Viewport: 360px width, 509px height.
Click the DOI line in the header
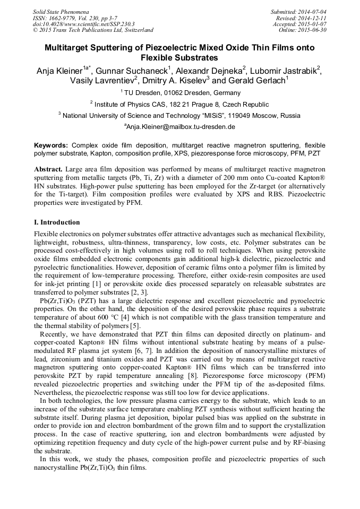point(83,24)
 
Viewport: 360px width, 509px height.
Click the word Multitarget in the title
point(68,48)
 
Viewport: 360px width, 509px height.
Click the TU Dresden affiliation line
point(180,93)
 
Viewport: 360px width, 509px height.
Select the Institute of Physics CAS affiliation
point(180,105)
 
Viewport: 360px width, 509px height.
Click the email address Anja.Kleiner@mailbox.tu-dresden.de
point(180,127)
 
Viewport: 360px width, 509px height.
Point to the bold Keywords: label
point(51,145)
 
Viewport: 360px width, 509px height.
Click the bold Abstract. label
point(48,169)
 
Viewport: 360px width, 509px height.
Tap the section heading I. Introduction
point(57,222)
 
